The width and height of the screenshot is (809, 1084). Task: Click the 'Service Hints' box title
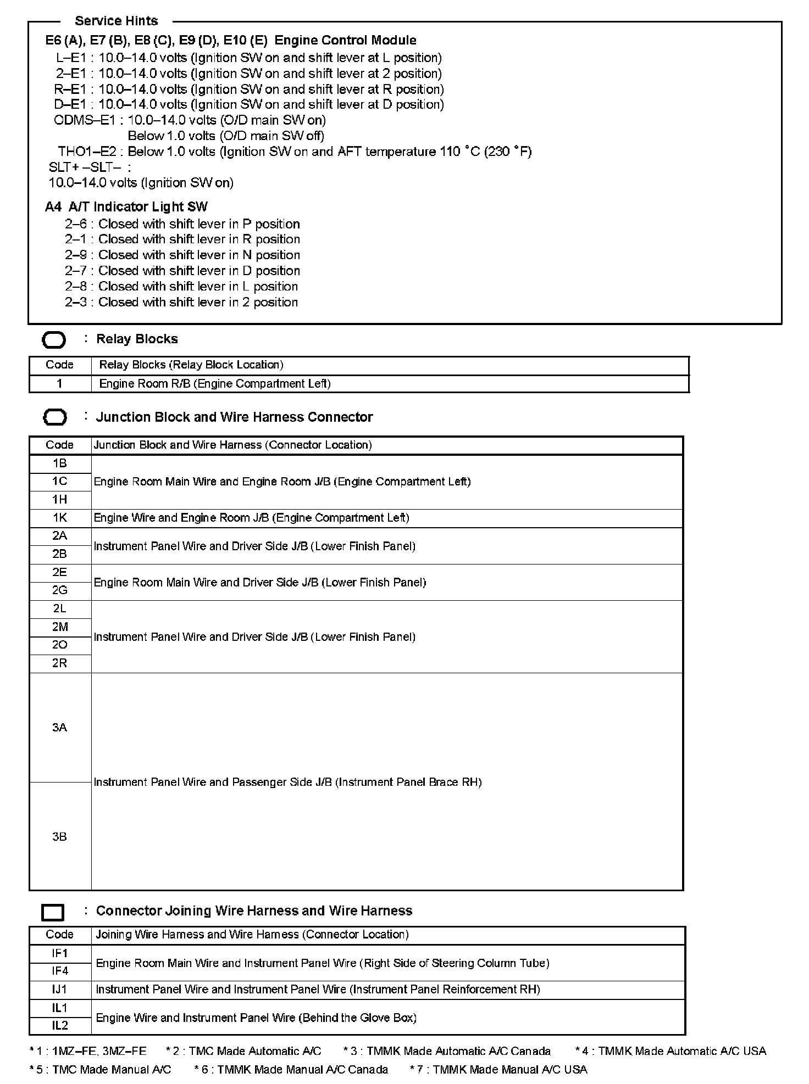pyautogui.click(x=116, y=21)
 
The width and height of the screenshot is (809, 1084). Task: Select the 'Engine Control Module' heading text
pyautogui.click(x=345, y=40)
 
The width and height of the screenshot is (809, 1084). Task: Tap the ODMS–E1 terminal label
pyautogui.click(x=85, y=120)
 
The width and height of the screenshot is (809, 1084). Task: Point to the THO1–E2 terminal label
pyautogui.click(x=87, y=152)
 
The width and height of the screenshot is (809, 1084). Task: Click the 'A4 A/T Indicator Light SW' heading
pyautogui.click(x=126, y=207)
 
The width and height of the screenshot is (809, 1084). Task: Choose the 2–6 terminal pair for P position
pyautogui.click(x=76, y=224)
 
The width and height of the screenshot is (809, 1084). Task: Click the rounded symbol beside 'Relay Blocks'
pyautogui.click(x=54, y=340)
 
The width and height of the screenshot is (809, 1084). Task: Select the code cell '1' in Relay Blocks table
pyautogui.click(x=60, y=383)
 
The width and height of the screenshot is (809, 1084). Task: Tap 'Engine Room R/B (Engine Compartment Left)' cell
pyautogui.click(x=215, y=384)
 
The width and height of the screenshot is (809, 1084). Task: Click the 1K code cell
pyautogui.click(x=60, y=518)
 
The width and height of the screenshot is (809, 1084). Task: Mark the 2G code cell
pyautogui.click(x=60, y=590)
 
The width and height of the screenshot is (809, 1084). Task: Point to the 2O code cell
pyautogui.click(x=60, y=645)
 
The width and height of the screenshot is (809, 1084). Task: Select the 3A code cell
pyautogui.click(x=60, y=728)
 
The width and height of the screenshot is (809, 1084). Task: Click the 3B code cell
pyautogui.click(x=60, y=836)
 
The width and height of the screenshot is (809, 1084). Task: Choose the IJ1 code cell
pyautogui.click(x=60, y=990)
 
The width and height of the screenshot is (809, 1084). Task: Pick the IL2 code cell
pyautogui.click(x=60, y=1025)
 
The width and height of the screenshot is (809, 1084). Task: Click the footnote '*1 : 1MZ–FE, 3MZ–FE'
pyautogui.click(x=88, y=1052)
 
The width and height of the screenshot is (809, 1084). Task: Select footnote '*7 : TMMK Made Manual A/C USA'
pyautogui.click(x=498, y=1070)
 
